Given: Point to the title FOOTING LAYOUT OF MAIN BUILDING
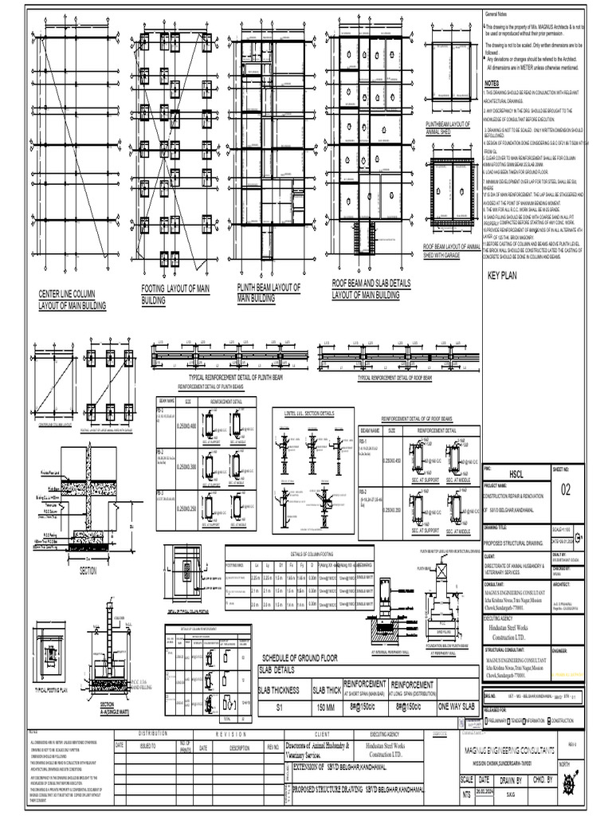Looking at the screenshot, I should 176,295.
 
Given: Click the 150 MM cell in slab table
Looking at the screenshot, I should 326,708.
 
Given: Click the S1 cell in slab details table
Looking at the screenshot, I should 279,708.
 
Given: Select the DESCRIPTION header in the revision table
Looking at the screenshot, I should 240,748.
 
